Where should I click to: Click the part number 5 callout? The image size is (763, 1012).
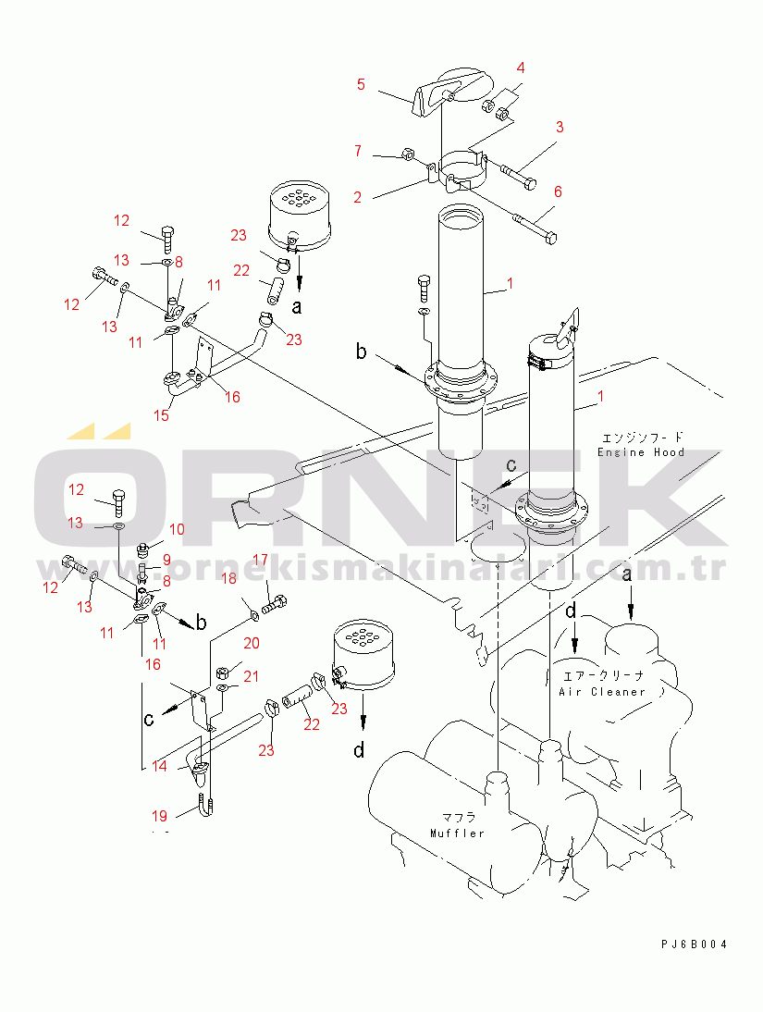click(361, 85)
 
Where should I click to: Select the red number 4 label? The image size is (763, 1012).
click(521, 68)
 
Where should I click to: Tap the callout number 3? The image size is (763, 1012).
click(560, 127)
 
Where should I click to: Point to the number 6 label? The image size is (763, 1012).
click(558, 191)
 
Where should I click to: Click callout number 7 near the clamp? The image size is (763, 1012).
click(358, 150)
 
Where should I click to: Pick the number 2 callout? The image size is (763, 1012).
click(357, 197)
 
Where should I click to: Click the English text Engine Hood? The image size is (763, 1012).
click(641, 451)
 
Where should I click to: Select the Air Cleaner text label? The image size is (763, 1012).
click(602, 691)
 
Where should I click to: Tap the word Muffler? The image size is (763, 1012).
click(457, 833)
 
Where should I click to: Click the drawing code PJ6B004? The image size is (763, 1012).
click(694, 944)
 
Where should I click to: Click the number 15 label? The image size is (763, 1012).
click(161, 416)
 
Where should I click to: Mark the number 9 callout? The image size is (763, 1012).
click(166, 559)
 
